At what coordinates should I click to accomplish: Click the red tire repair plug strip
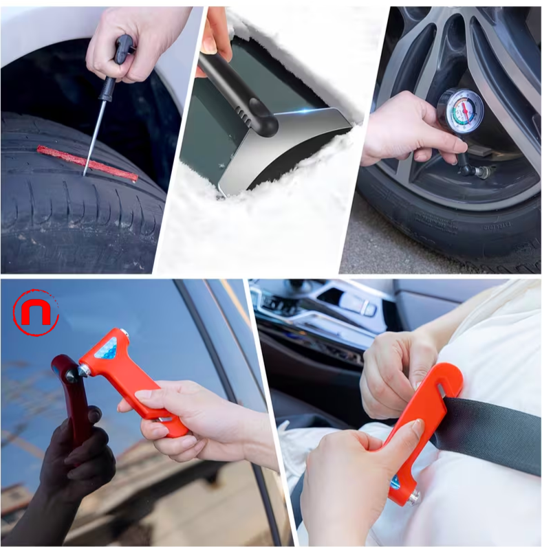click(86, 162)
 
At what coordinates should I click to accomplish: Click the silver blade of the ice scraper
click(289, 148)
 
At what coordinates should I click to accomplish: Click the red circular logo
click(36, 313)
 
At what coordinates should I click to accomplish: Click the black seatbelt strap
click(495, 433)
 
